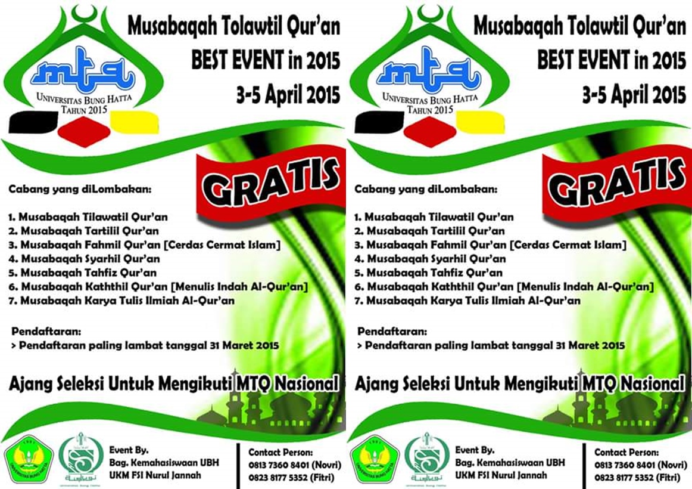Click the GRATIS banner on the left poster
click(x=272, y=184)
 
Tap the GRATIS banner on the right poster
click(x=617, y=184)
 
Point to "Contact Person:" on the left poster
click(x=280, y=453)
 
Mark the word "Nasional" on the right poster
click(x=654, y=385)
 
